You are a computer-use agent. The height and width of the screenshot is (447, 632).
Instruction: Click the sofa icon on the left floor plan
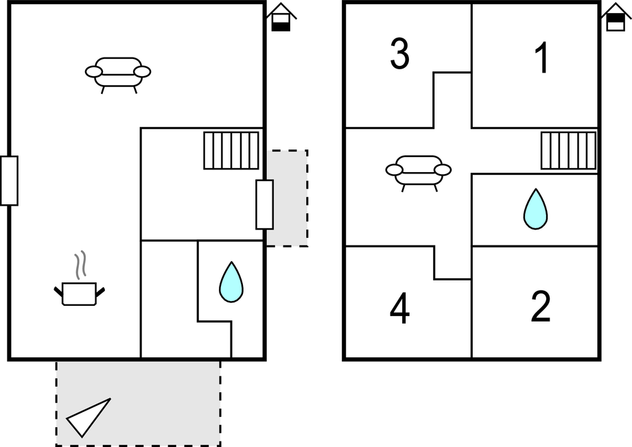(x=118, y=72)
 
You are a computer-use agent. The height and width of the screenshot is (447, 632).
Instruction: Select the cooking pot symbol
(x=80, y=293)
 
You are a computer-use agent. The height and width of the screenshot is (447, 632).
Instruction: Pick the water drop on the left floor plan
(x=231, y=282)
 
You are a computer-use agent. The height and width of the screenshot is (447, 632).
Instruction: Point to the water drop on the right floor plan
(x=535, y=208)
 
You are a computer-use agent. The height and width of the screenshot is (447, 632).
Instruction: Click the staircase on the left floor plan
(x=231, y=150)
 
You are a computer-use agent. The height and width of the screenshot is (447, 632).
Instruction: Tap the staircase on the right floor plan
(x=568, y=150)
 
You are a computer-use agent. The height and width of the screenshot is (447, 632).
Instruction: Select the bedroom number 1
(x=542, y=59)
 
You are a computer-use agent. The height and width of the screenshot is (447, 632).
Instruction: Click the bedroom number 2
(x=541, y=308)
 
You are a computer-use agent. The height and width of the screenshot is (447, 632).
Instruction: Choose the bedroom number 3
(x=399, y=55)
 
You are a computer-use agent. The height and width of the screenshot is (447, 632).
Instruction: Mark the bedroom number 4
(x=399, y=309)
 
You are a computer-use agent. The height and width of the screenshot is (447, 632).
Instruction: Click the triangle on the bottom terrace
(x=88, y=417)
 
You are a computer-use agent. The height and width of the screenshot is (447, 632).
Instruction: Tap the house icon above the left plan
(x=281, y=17)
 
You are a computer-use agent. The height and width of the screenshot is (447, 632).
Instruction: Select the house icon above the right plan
(x=616, y=17)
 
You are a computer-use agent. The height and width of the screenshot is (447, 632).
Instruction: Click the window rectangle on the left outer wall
(x=9, y=180)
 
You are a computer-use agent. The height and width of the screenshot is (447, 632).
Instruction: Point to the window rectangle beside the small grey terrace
(x=264, y=204)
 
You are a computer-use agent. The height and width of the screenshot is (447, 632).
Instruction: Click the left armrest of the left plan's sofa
(x=94, y=71)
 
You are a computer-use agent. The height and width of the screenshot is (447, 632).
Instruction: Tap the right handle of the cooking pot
(x=102, y=291)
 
